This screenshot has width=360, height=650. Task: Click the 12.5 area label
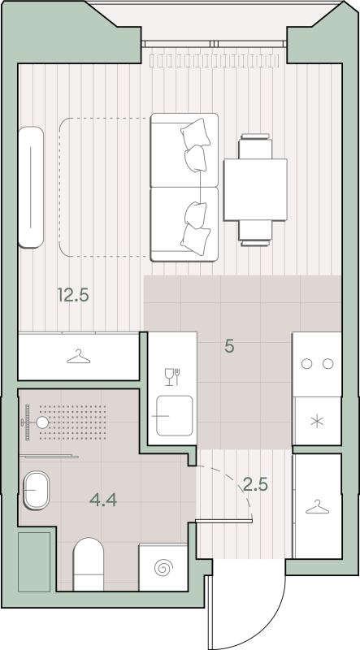[x=73, y=296]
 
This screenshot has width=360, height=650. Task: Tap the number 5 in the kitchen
[x=229, y=346]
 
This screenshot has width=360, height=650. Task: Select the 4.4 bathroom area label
[x=103, y=500]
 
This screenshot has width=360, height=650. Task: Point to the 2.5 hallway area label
[x=255, y=483]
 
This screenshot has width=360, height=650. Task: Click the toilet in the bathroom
[x=89, y=564]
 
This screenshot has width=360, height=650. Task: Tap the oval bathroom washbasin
[x=36, y=491]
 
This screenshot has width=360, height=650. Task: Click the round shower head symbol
[x=42, y=422]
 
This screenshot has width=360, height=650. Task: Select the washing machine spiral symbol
[x=163, y=567]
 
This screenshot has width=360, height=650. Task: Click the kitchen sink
[x=174, y=416]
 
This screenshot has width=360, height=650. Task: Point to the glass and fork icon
[x=172, y=377]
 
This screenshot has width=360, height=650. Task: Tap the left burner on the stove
[x=306, y=364]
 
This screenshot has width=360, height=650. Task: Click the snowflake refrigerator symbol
[x=317, y=422]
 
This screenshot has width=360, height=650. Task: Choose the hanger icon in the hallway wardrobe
[x=317, y=507]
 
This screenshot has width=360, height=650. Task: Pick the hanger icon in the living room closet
[x=78, y=357]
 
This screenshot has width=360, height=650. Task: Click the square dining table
[x=255, y=189]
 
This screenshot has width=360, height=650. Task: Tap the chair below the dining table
[x=255, y=233]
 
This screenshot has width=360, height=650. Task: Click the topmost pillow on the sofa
[x=195, y=133]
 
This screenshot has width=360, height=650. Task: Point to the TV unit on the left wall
[x=31, y=187]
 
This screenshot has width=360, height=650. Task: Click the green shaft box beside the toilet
[x=34, y=561]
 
